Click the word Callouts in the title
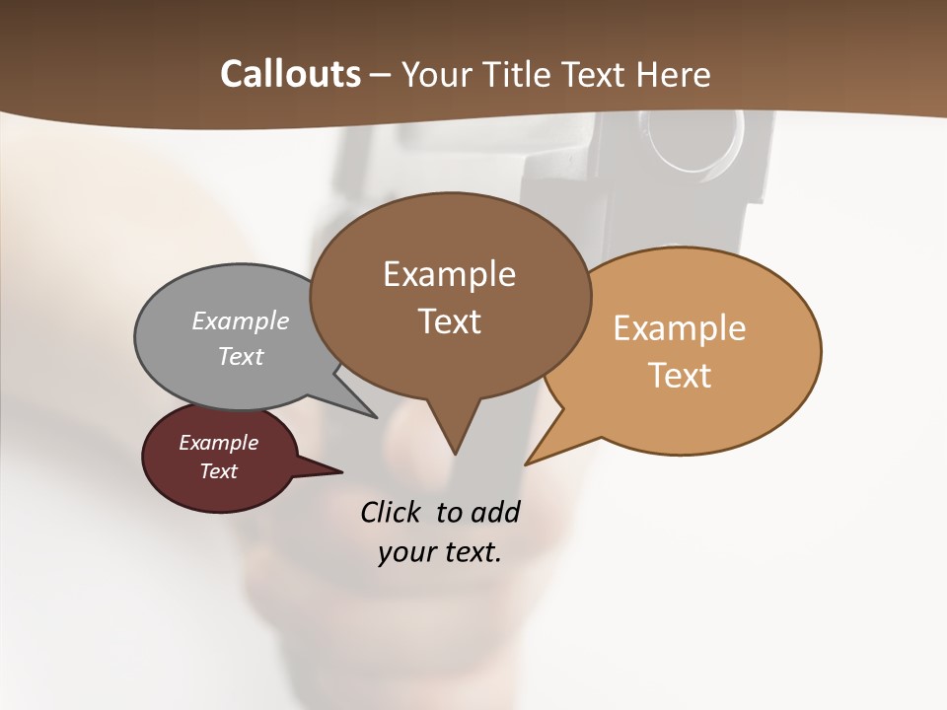(290, 74)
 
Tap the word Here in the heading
(674, 74)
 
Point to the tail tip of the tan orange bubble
(528, 462)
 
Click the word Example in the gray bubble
(241, 321)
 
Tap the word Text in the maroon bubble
(219, 471)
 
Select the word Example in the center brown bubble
(449, 274)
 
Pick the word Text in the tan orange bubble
(681, 376)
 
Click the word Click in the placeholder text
(391, 512)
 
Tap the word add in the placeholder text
(495, 512)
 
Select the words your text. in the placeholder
(440, 552)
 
